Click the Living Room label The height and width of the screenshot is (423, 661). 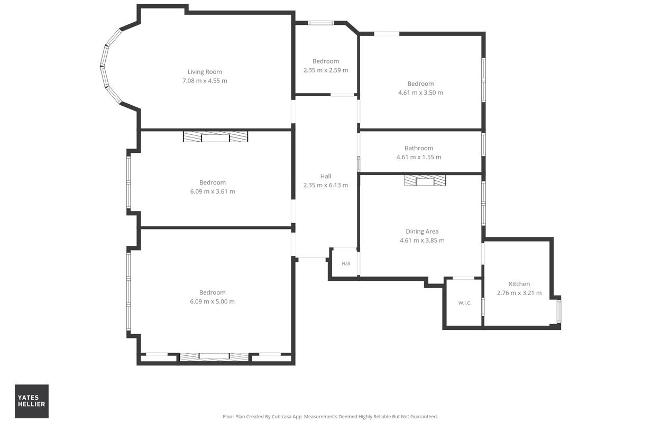click(205, 72)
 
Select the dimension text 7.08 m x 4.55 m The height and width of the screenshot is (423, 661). click(205, 80)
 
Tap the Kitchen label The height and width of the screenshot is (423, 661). click(519, 284)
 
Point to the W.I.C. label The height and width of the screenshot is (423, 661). click(465, 302)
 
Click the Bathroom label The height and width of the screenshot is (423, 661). click(419, 148)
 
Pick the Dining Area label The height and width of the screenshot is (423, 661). click(422, 231)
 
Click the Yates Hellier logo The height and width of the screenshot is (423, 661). click(32, 401)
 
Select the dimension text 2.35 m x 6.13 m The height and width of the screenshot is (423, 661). click(326, 185)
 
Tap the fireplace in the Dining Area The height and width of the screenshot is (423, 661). click(425, 180)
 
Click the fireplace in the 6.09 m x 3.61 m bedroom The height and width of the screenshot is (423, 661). click(215, 136)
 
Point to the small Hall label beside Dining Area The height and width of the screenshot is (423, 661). click(346, 263)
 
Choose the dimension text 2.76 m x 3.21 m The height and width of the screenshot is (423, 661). click(519, 292)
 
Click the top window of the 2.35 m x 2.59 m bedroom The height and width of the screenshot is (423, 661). click(321, 23)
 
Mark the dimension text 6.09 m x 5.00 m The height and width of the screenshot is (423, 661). click(212, 301)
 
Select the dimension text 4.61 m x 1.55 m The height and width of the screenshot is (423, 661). click(419, 157)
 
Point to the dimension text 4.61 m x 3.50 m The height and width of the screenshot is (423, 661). click(420, 93)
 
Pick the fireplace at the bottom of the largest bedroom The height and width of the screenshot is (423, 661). click(214, 356)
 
